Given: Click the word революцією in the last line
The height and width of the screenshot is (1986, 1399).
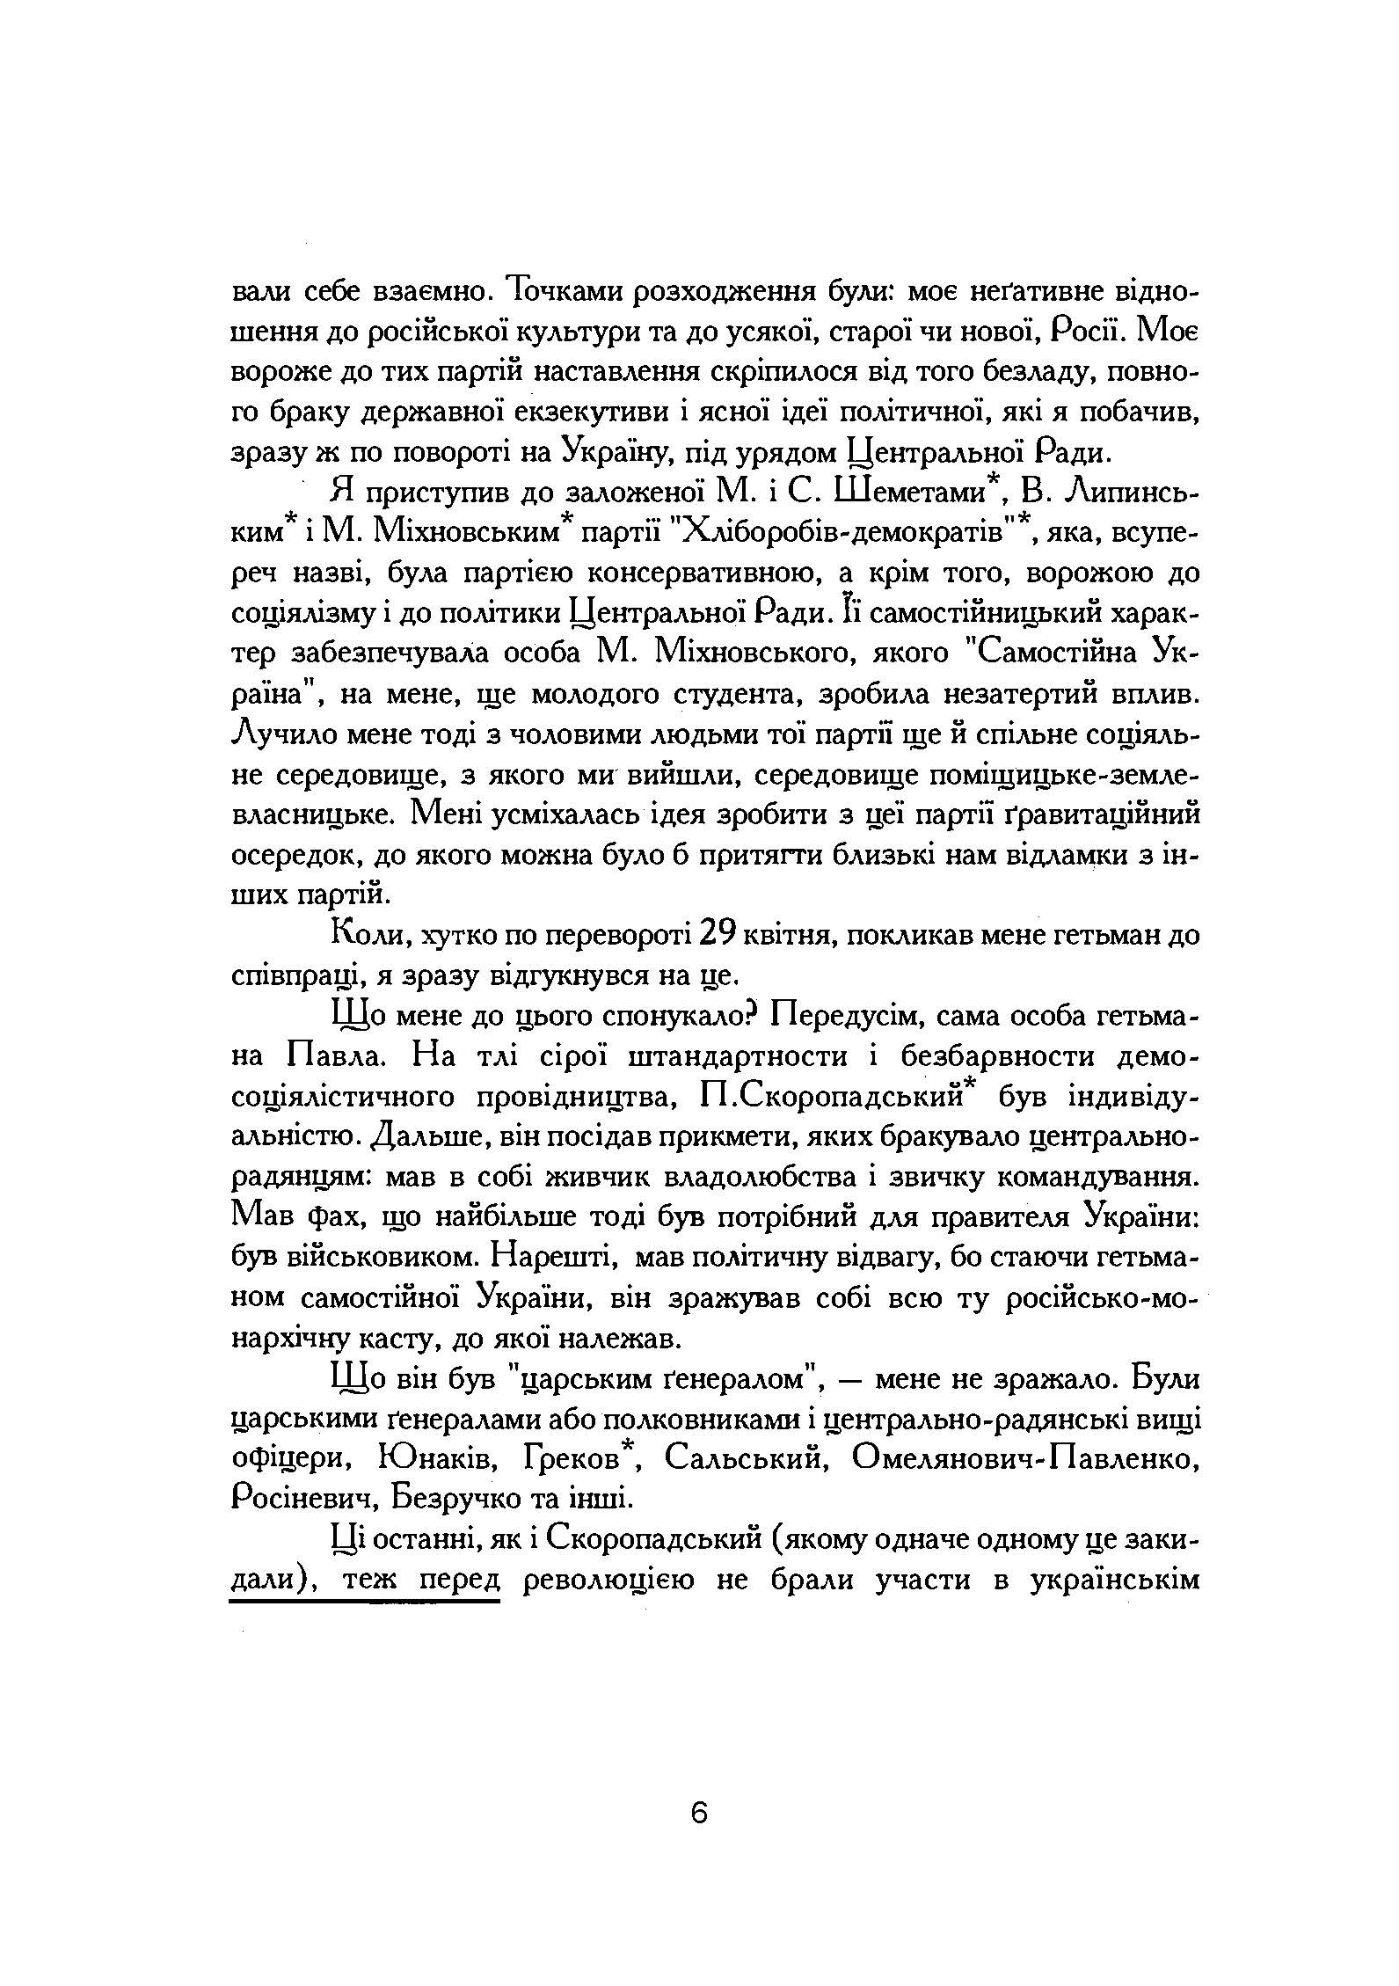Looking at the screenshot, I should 607,1580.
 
